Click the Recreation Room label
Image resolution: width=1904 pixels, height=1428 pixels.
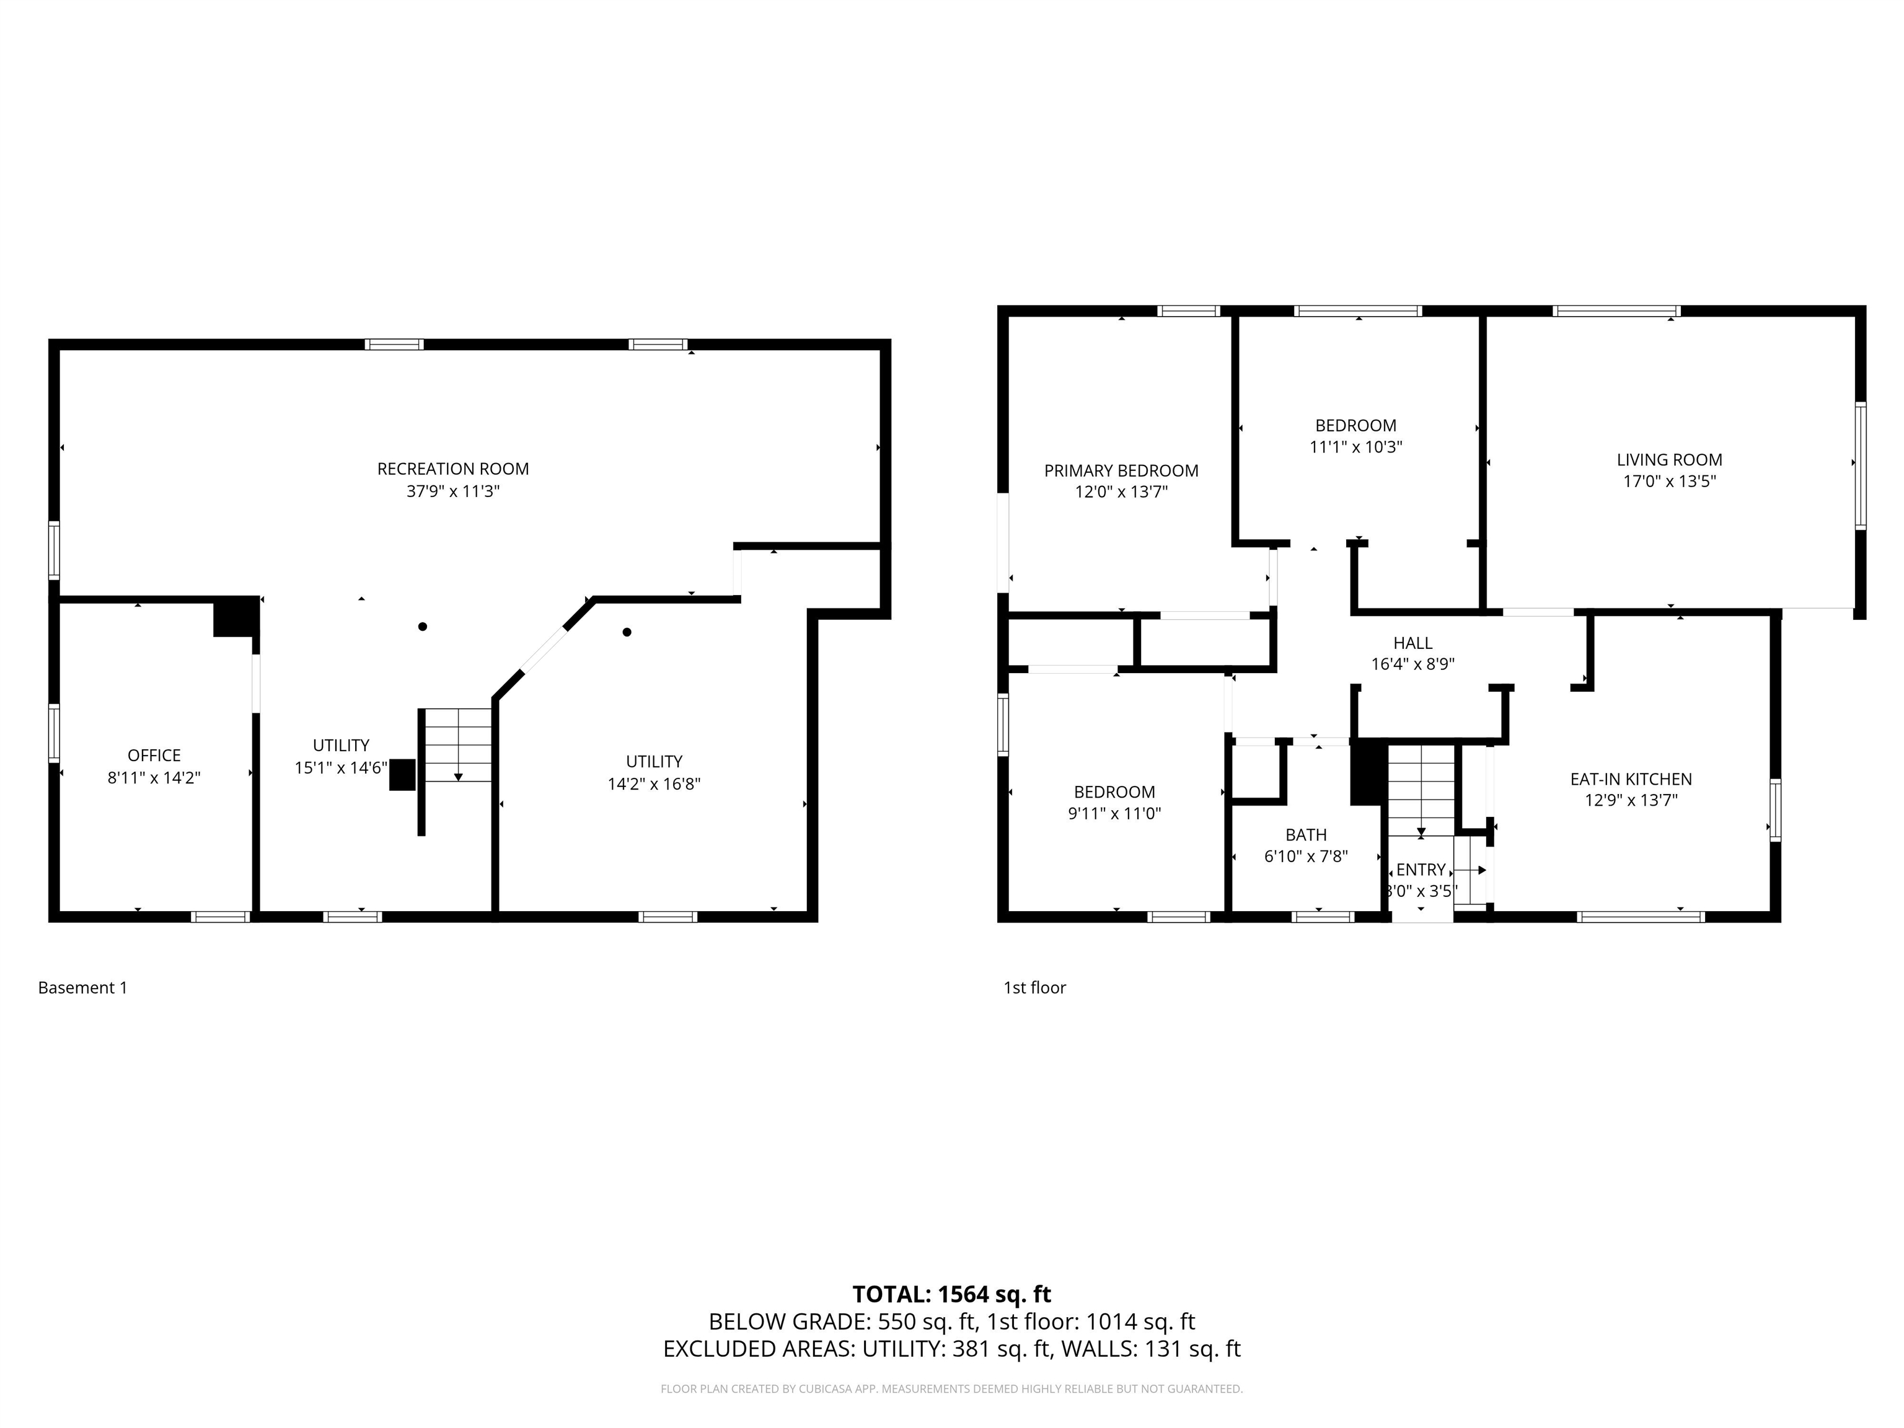click(x=453, y=469)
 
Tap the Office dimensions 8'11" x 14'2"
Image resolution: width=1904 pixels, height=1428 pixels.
click(x=154, y=777)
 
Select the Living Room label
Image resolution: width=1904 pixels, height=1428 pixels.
click(x=1669, y=460)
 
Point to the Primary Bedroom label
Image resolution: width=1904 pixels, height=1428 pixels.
click(x=1121, y=471)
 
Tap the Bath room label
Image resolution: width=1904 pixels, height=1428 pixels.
click(x=1306, y=835)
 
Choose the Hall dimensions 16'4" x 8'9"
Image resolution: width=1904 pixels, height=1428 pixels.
click(x=1413, y=664)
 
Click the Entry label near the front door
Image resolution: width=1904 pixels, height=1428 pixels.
click(x=1421, y=870)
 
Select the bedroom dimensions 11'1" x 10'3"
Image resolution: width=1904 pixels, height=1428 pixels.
click(x=1355, y=447)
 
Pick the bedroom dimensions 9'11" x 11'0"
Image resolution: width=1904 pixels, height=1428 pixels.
click(x=1114, y=813)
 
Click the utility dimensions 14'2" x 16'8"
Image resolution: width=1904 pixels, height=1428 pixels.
click(x=654, y=783)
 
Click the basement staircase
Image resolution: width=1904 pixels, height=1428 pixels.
click(x=457, y=746)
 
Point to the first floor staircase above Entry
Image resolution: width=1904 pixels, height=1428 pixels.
click(x=1421, y=790)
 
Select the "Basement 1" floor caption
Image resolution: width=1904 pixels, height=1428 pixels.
click(x=82, y=987)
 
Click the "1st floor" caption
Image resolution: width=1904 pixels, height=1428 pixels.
click(x=1034, y=987)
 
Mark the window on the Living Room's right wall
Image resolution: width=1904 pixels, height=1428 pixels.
click(x=1860, y=465)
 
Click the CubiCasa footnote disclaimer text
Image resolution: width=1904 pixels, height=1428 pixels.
click(x=952, y=1388)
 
